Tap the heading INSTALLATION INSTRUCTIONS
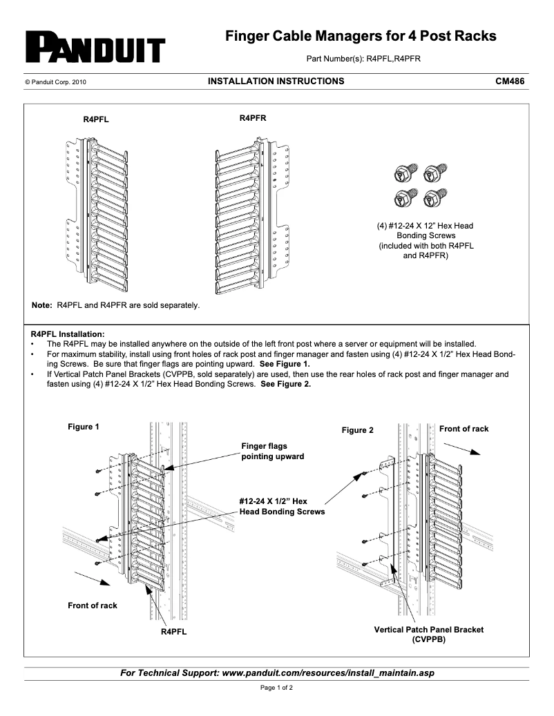[276, 81]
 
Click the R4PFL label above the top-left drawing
[96, 119]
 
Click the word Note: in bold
[42, 304]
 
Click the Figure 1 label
[83, 427]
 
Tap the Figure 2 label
[357, 430]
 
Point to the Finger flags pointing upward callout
[271, 452]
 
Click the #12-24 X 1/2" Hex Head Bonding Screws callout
[281, 506]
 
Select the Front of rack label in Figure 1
[92, 606]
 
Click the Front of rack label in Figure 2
[464, 429]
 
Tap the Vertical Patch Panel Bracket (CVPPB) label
[428, 635]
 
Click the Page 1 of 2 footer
[276, 688]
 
